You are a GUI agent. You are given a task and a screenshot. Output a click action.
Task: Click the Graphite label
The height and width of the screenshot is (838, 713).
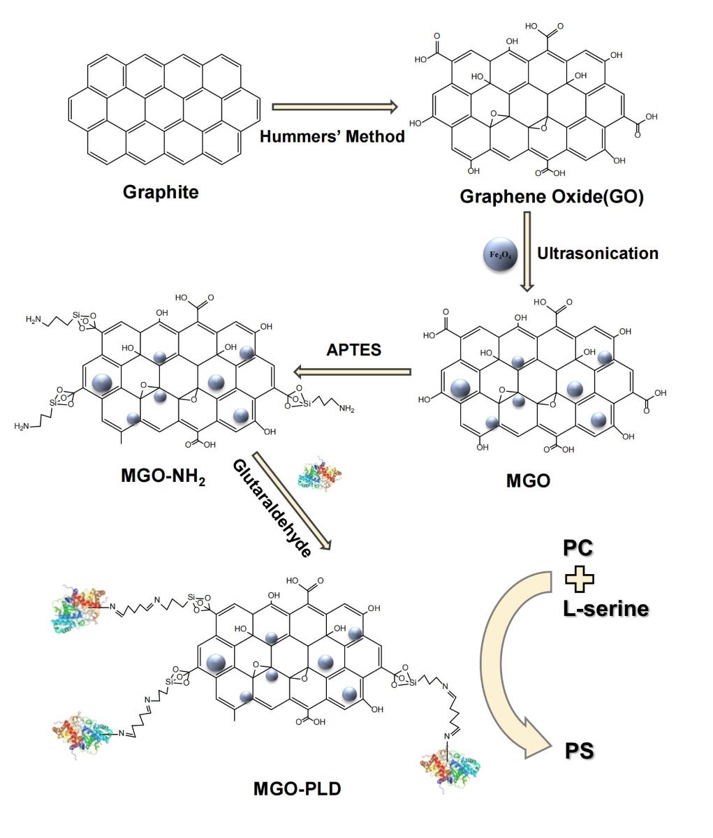pos(161,191)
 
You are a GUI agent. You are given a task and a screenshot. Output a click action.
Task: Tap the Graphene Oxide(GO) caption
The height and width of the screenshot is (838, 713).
pos(551,196)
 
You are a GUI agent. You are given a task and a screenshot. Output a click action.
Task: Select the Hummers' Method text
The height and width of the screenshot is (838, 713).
pos(332,136)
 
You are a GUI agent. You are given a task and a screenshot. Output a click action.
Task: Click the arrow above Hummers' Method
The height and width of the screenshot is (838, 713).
pos(334,107)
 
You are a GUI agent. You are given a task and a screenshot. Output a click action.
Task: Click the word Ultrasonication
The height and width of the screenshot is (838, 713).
pos(597,253)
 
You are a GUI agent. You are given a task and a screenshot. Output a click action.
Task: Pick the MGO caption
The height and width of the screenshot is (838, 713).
pos(528,480)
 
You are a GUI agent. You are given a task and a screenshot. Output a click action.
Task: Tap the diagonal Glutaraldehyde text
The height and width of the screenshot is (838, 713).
pos(272,508)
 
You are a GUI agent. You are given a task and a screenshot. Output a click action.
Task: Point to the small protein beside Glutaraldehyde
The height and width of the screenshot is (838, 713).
pos(319,473)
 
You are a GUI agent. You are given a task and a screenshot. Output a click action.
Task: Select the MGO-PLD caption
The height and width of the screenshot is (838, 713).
pos(297,790)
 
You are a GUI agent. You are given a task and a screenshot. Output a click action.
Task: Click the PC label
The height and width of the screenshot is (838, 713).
pos(578,548)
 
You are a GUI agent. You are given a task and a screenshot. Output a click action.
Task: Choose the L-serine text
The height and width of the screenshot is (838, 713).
pos(605,608)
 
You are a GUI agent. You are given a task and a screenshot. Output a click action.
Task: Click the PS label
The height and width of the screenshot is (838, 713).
pos(579,751)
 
